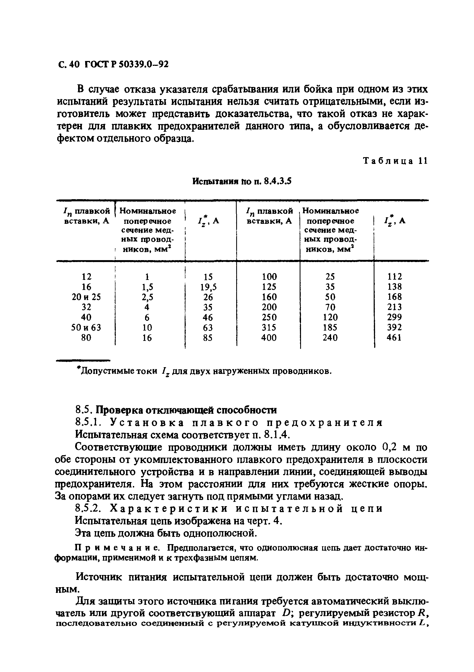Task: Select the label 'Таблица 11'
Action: pyautogui.click(x=395, y=161)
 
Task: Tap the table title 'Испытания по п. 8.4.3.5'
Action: pyautogui.click(x=242, y=182)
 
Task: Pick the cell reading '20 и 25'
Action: pyautogui.click(x=86, y=297)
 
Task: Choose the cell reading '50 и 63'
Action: pyautogui.click(x=86, y=328)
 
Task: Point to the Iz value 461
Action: pyautogui.click(x=394, y=338)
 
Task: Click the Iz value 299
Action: pyautogui.click(x=394, y=317)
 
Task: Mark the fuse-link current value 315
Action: pyautogui.click(x=269, y=328)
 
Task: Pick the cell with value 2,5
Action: pyautogui.click(x=147, y=297)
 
